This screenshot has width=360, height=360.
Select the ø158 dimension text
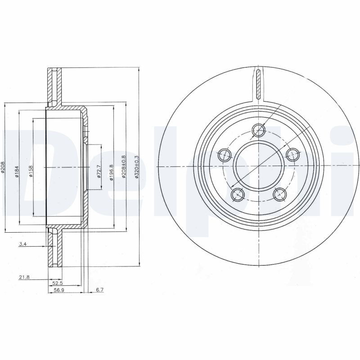[x=31, y=171]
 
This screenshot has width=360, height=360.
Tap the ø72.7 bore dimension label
[x=99, y=171]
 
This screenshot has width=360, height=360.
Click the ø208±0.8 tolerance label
[x=124, y=166]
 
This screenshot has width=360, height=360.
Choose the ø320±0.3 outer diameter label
[x=137, y=167]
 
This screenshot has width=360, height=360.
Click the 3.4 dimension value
[x=23, y=244]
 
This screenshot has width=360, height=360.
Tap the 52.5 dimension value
[x=58, y=283]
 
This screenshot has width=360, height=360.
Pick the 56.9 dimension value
[x=58, y=290]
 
